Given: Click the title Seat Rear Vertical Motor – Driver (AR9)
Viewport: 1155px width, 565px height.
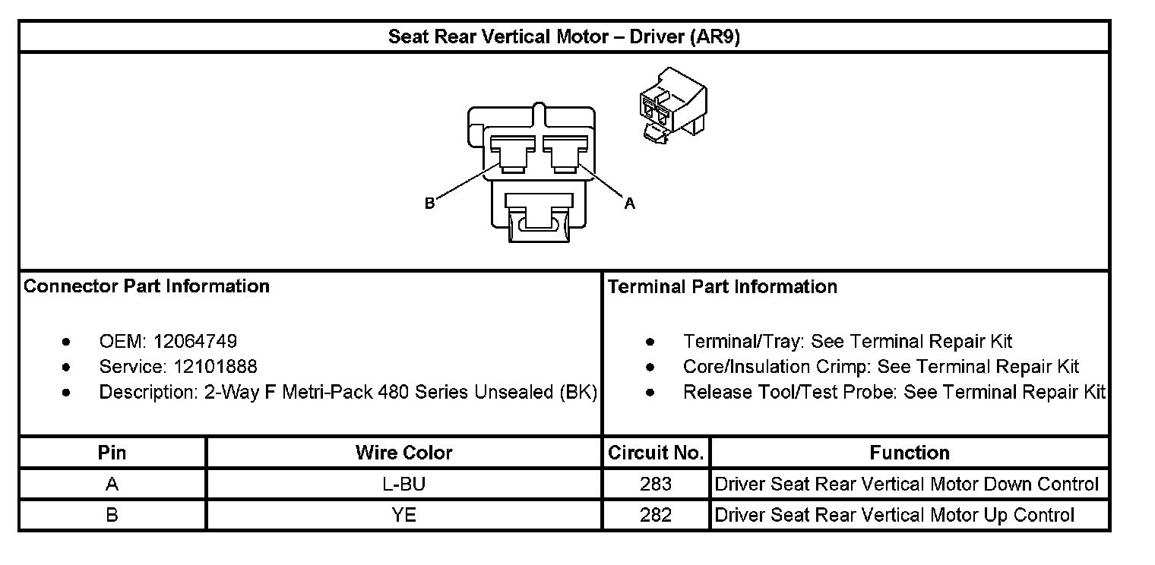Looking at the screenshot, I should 564,37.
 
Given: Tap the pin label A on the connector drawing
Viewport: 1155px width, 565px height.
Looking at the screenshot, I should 629,203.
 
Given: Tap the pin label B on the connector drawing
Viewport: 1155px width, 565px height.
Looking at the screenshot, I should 429,203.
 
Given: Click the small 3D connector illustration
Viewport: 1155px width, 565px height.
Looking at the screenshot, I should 672,103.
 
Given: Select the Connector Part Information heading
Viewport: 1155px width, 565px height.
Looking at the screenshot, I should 147,286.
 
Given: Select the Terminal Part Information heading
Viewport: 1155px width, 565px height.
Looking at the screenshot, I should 723,286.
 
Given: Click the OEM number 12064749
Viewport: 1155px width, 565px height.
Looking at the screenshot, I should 195,342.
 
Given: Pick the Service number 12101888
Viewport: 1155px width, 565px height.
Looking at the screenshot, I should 215,367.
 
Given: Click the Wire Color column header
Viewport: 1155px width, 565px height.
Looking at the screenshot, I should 403,453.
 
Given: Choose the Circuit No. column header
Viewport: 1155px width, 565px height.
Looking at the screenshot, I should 656,453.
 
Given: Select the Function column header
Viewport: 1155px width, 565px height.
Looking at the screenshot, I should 910,453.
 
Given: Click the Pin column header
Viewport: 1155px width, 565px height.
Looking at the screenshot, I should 112,453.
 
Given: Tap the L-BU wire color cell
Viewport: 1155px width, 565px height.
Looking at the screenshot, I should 403,485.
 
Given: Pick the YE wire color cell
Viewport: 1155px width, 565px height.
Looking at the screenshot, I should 403,515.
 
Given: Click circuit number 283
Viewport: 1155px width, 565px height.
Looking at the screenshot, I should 656,485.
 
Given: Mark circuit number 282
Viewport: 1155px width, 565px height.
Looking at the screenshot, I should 656,515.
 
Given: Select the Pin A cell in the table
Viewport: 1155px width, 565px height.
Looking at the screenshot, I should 112,485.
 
